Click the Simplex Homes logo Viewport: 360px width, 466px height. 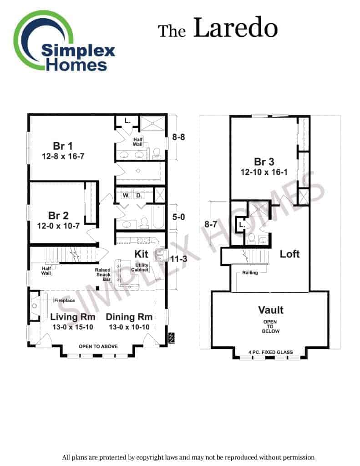point(64,41)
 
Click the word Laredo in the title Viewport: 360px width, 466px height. point(235,28)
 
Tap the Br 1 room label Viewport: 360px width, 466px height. point(63,146)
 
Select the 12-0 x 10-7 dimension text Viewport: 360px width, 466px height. point(58,226)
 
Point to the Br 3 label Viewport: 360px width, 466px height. point(264,162)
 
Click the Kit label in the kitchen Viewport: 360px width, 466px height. point(141,254)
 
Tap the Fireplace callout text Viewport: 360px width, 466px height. point(65,300)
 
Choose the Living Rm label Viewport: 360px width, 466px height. point(72,317)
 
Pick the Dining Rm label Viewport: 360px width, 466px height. point(129,317)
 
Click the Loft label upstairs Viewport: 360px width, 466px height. point(289,254)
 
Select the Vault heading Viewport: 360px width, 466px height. point(271,309)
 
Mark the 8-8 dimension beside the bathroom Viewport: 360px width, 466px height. point(179,137)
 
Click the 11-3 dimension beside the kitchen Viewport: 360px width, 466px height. point(179,259)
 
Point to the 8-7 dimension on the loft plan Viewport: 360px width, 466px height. point(211,224)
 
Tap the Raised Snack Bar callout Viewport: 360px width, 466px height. point(103,274)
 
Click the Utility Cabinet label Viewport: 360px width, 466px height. point(140,268)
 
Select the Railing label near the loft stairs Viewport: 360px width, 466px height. point(250,273)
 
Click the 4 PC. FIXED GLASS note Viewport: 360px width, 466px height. point(270,352)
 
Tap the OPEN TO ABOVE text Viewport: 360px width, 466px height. point(98,346)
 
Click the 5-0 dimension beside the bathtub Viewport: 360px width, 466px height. point(179,217)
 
